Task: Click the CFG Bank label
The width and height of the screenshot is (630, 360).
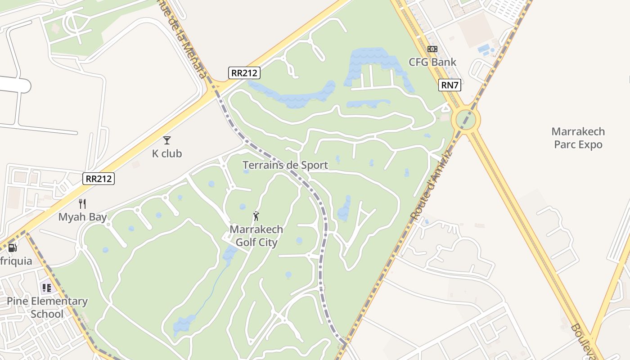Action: point(432,62)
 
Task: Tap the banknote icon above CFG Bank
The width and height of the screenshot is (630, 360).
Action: point(432,49)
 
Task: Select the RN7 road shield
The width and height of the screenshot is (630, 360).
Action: point(450,85)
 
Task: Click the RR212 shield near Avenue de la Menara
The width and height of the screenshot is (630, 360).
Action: point(244,73)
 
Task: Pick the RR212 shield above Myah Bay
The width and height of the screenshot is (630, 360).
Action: point(99,179)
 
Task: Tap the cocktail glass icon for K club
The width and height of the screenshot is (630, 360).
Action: point(167,140)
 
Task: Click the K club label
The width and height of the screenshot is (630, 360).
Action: point(167,153)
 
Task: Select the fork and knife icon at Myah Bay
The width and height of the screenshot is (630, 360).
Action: point(82,204)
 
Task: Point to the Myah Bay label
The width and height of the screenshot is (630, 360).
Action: point(83,217)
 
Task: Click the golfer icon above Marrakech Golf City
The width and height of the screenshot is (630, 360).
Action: point(256,216)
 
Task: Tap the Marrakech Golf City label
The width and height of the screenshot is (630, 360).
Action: point(256,236)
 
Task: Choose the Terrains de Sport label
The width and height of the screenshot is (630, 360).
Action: point(285,165)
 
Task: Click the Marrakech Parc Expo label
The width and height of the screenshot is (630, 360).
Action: point(578,138)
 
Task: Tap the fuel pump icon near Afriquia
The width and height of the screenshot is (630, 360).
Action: point(13,247)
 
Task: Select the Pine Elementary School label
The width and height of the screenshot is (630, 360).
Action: point(47,307)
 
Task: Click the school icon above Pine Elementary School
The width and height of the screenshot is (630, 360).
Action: point(46,288)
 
